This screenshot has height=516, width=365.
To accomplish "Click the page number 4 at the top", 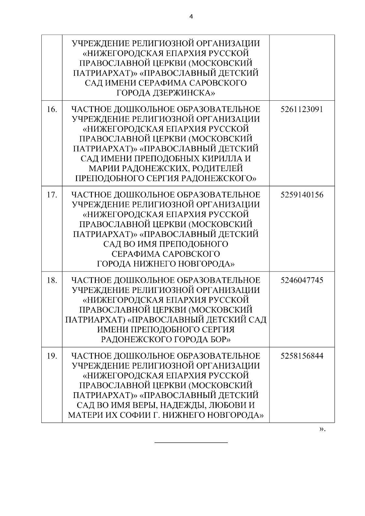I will pos(191,17).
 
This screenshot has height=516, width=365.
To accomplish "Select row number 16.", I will pos(52,109).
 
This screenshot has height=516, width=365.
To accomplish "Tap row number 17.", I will pos(52,195).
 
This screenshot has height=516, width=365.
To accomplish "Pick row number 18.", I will pos(52,280).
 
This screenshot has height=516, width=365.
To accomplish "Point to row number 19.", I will pos(52,356).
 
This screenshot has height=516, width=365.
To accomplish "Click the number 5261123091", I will pos(302,109).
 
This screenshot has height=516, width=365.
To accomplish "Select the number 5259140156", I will pos(302,195).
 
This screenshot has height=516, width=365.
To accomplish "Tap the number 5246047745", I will pos(302,280).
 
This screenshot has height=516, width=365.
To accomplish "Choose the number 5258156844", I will pos(302,356).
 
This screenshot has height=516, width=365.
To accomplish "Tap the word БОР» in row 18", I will pos(220,339).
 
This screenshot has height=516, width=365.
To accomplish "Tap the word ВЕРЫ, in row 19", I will pos(144,405).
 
